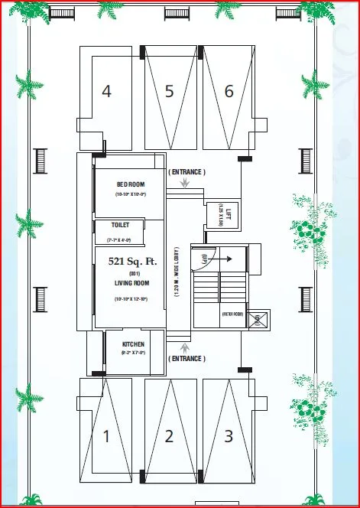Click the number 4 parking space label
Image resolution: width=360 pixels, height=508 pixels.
[x=106, y=91]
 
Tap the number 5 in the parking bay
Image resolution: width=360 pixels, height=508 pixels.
[x=169, y=91]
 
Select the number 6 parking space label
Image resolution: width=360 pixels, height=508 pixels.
[x=229, y=91]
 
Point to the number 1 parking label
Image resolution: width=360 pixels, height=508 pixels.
[x=106, y=437]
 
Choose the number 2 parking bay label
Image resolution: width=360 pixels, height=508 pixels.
[x=169, y=437]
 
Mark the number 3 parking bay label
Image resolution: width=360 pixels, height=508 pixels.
[x=229, y=437]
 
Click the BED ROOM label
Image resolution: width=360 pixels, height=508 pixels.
[x=131, y=184]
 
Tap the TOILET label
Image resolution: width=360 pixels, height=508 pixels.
[x=121, y=225]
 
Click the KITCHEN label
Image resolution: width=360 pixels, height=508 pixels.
[x=133, y=344]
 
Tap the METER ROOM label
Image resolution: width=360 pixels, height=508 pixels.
[x=232, y=314]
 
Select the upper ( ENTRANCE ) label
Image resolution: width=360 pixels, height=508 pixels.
[x=186, y=172]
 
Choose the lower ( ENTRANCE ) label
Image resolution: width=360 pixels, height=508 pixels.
[x=186, y=358]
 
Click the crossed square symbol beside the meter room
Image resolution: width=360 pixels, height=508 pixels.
[x=257, y=319]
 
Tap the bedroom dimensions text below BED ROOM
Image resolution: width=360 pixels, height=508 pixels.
[x=131, y=196]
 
